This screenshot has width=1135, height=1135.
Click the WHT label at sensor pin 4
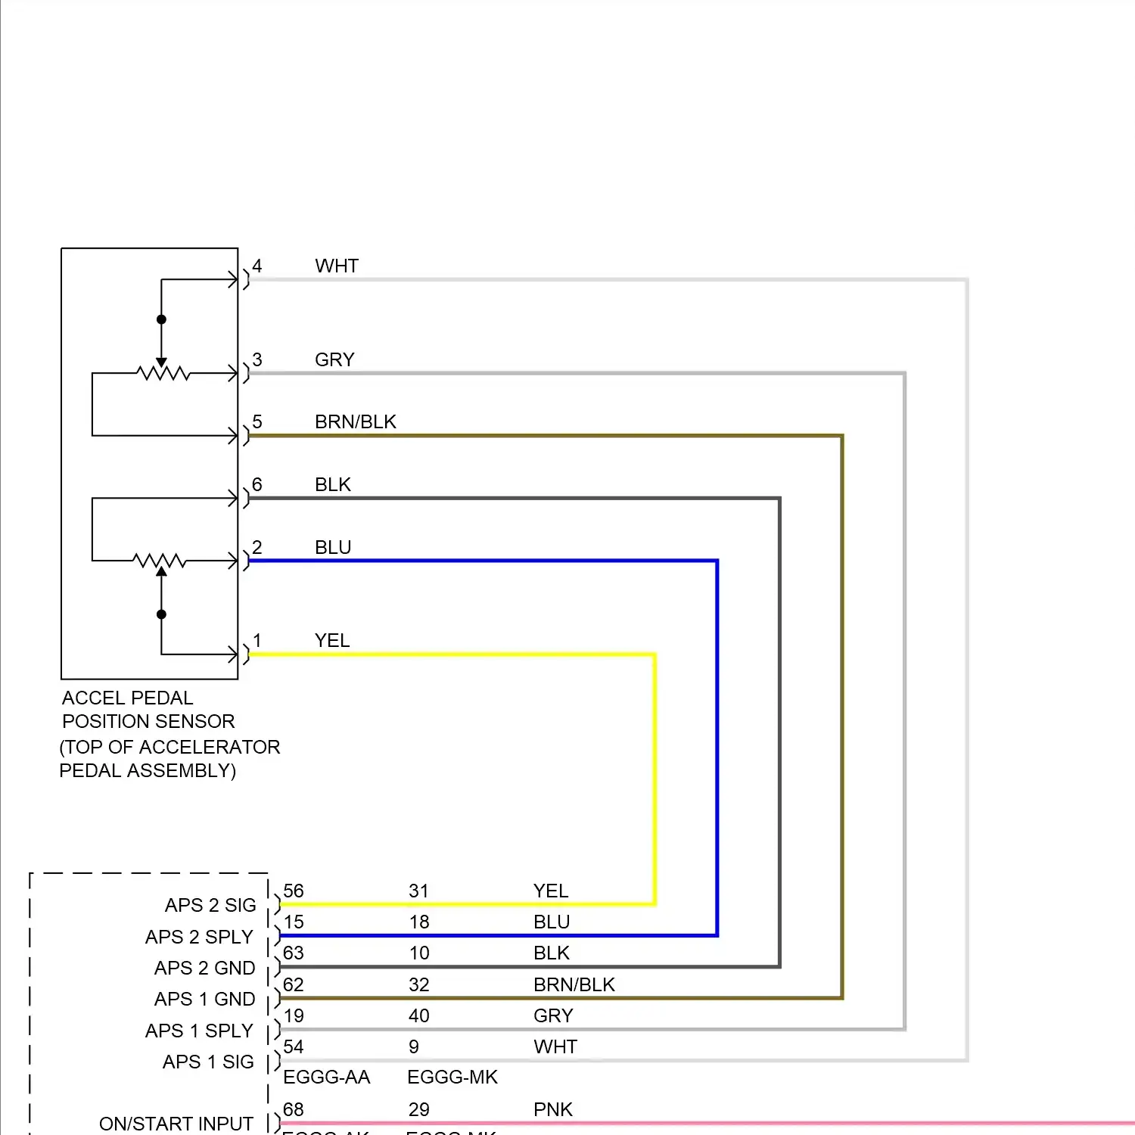(337, 266)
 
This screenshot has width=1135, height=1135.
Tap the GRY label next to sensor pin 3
(334, 360)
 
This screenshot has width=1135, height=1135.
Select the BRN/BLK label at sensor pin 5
(355, 422)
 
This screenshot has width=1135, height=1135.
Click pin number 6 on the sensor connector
(257, 485)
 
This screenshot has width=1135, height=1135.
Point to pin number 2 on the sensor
(257, 548)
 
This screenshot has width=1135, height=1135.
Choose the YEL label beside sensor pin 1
(332, 641)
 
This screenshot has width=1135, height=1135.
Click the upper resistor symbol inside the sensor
(163, 373)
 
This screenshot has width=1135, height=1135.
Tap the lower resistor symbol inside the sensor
(160, 561)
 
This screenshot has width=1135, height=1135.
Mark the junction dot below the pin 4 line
(161, 319)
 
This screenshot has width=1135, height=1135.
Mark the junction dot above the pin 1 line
(161, 614)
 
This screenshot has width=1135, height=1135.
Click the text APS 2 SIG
(210, 906)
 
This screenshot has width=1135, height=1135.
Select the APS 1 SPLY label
(199, 1031)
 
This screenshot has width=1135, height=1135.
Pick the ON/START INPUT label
(176, 1124)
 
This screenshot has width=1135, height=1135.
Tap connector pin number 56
(294, 891)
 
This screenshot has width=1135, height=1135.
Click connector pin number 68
(293, 1110)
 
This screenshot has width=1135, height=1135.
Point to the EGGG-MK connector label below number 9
(452, 1077)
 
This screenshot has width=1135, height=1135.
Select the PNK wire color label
(553, 1110)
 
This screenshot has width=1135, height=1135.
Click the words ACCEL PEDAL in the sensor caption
(127, 698)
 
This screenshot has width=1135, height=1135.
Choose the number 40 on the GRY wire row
(419, 1016)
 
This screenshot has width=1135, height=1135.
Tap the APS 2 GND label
(204, 969)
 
